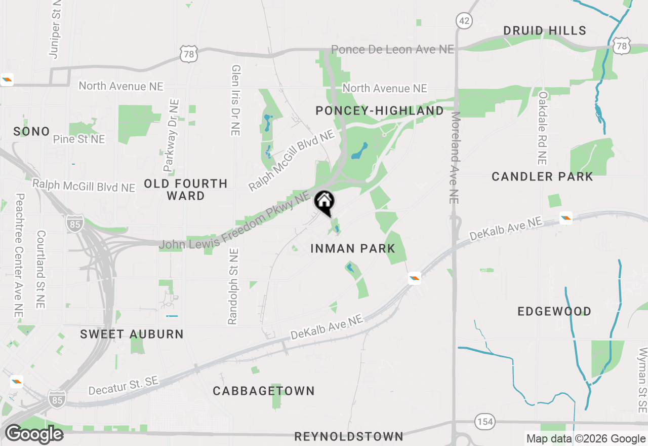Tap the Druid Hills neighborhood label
pos(545,31)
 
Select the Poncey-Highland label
pos(379,110)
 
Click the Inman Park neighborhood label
pos(352,248)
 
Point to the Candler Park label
pos(542,177)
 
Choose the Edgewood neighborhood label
pos(554,311)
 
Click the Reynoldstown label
pos(349,436)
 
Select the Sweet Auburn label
pos(132,334)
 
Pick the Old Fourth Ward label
pos(186,190)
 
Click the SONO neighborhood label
pos(31,132)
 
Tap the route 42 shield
pos(464,21)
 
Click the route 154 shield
pos(484,421)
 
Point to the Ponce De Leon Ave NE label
pos(393,49)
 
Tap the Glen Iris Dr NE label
pos(235,100)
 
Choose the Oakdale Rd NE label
pos(543,128)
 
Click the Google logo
pos(34,434)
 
